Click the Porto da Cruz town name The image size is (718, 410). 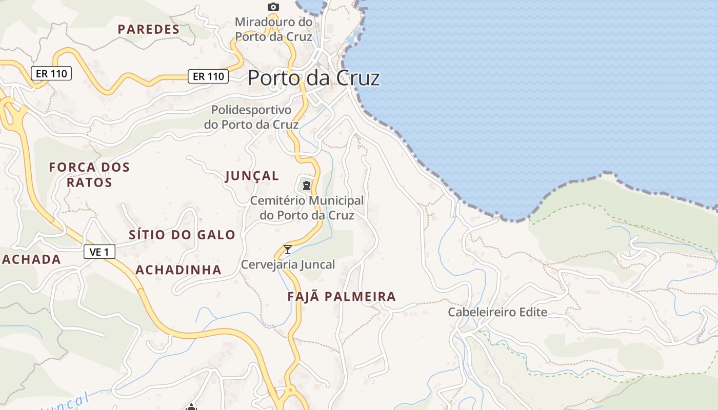pyautogui.click(x=313, y=78)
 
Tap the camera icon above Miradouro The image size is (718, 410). pyautogui.click(x=273, y=7)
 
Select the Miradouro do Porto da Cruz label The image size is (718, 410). pyautogui.click(x=273, y=29)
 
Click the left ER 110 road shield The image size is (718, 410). pyautogui.click(x=51, y=73)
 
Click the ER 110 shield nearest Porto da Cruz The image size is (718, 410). pyautogui.click(x=208, y=76)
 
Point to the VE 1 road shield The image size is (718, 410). pyautogui.click(x=99, y=252)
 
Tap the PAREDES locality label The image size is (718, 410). pyautogui.click(x=149, y=29)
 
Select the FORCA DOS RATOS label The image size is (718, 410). pyautogui.click(x=89, y=174)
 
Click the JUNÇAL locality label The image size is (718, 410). pyautogui.click(x=252, y=176)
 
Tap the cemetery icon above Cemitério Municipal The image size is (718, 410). pyautogui.click(x=306, y=185)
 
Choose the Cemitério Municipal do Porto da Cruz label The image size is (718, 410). pyautogui.click(x=307, y=208)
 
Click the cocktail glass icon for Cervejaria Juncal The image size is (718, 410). pyautogui.click(x=288, y=250)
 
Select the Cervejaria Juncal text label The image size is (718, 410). pyautogui.click(x=288, y=264)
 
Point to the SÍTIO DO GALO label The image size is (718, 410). pyautogui.click(x=182, y=235)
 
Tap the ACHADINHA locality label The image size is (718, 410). pyautogui.click(x=178, y=270)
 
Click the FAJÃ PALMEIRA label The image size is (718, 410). pyautogui.click(x=342, y=296)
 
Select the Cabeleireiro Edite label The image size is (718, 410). pyautogui.click(x=497, y=312)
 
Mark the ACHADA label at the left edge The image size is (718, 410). pyautogui.click(x=31, y=259)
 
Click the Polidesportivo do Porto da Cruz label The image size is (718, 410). pyautogui.click(x=251, y=117)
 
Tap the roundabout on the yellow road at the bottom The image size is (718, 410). pyautogui.click(x=291, y=391)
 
